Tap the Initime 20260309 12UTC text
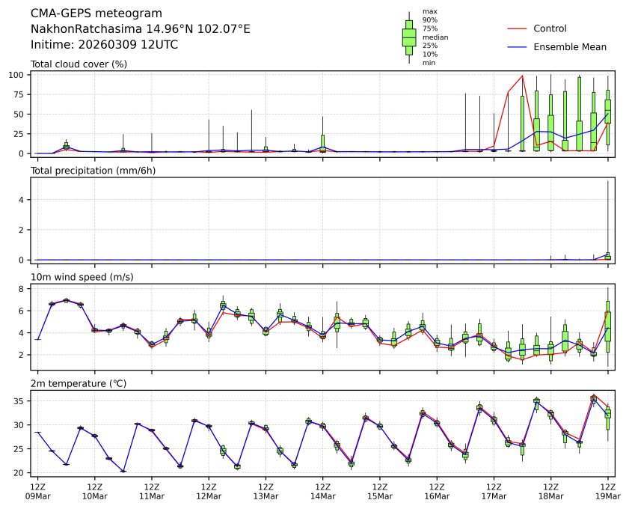tap(104, 44)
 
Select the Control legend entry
tap(550, 28)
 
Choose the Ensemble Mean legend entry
tap(569, 46)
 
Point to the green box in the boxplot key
tap(409, 37)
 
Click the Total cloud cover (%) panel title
tap(79, 64)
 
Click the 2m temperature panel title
tap(79, 384)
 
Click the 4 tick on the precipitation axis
tap(23, 199)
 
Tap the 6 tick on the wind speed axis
tap(23, 311)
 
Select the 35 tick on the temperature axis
tap(21, 401)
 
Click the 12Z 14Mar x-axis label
tap(322, 490)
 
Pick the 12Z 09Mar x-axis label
tap(37, 490)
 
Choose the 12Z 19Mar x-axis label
tap(607, 490)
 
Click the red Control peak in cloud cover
tap(522, 76)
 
